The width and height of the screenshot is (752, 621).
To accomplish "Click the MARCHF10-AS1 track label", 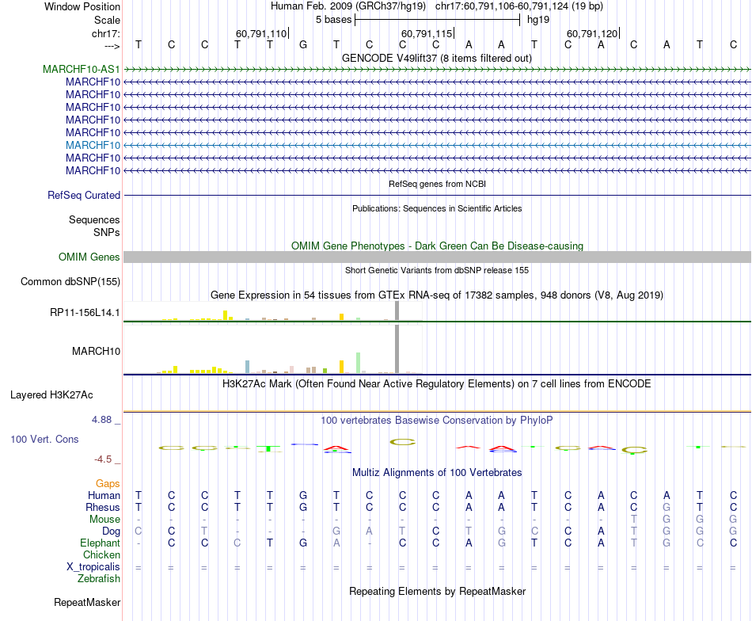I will (x=82, y=69).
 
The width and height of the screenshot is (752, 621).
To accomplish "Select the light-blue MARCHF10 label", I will (x=93, y=145).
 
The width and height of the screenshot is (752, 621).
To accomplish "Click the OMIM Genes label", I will (x=89, y=257).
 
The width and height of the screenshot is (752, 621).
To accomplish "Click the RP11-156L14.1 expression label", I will (x=85, y=312).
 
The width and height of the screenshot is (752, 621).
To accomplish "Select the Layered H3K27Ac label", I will (x=63, y=394).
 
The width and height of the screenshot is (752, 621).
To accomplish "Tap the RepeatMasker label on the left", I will (x=87, y=602).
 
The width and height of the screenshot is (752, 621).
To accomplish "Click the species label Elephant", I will (x=100, y=543).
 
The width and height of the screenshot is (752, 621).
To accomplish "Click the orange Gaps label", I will (x=108, y=483).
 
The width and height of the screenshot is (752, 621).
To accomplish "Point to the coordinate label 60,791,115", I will (x=427, y=33).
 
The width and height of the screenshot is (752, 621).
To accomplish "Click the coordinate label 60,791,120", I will (x=592, y=33).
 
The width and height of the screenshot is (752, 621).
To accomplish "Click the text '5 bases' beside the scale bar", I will (x=333, y=19).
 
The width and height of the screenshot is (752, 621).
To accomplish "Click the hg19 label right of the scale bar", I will (x=538, y=19).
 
